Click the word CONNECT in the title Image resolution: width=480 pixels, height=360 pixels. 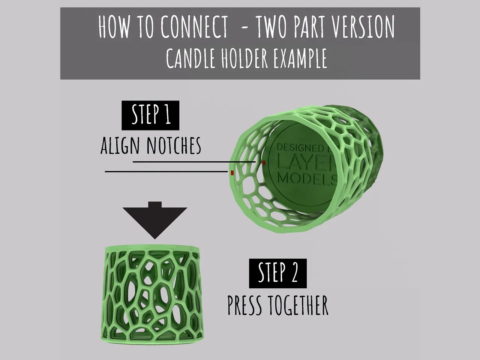(195, 27)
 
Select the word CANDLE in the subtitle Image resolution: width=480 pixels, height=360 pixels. (190, 58)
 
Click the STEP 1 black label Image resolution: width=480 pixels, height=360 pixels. (150, 115)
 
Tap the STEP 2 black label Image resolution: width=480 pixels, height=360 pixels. (277, 273)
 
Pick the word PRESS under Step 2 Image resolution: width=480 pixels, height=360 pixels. (244, 305)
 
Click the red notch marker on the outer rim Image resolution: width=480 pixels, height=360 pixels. (232, 172)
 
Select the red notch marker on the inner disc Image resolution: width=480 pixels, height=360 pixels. (264, 162)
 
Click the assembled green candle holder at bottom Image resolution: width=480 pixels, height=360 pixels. (152, 294)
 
